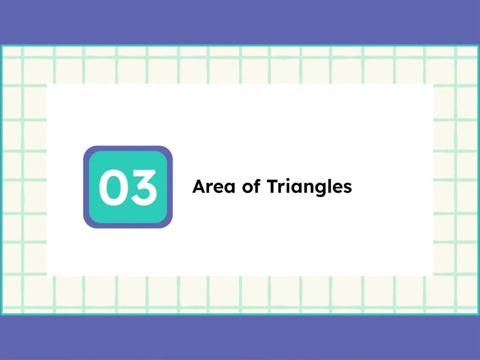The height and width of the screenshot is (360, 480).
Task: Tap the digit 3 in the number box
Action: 142,187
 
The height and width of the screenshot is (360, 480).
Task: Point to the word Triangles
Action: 309,187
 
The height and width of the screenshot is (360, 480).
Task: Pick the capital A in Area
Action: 199,187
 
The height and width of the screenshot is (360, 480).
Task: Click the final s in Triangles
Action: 348,188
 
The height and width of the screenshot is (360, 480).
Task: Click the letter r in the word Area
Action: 210,188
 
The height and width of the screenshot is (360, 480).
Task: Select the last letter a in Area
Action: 229,188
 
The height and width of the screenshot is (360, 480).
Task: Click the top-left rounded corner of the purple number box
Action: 87,149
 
